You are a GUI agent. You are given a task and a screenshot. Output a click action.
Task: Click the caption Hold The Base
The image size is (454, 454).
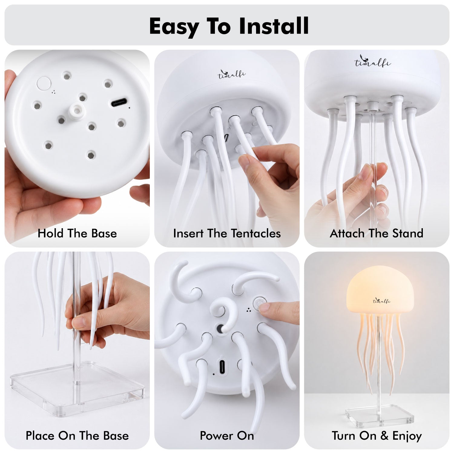pyautogui.click(x=77, y=233)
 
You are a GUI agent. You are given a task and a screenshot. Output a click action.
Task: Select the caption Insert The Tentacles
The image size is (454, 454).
pyautogui.click(x=227, y=233)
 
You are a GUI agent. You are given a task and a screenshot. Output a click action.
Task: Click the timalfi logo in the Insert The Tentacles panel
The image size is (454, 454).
pyautogui.click(x=232, y=74)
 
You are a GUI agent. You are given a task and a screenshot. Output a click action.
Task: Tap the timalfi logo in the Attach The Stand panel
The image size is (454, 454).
pyautogui.click(x=373, y=61)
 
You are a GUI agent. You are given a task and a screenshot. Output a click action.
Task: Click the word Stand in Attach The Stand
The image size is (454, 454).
pyautogui.click(x=408, y=233)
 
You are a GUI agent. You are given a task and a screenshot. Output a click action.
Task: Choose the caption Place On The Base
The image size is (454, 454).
pyautogui.click(x=77, y=436)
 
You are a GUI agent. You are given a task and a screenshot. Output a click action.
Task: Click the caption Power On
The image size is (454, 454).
pyautogui.click(x=227, y=436)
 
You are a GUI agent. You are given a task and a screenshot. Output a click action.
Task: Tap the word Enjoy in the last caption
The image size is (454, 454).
pyautogui.click(x=407, y=436)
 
